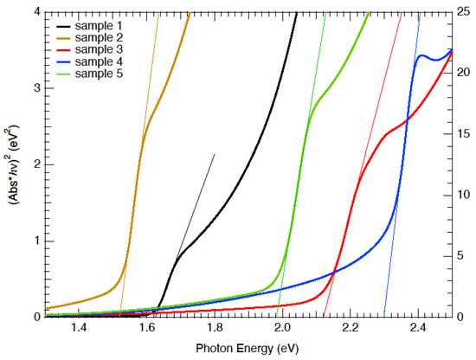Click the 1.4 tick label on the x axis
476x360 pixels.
click(x=79, y=330)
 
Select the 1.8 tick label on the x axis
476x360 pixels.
click(x=214, y=330)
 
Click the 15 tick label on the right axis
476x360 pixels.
click(x=464, y=134)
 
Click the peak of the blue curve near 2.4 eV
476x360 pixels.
click(x=422, y=56)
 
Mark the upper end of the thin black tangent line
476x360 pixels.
click(x=215, y=154)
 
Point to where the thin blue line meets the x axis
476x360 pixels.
click(x=383, y=317)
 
